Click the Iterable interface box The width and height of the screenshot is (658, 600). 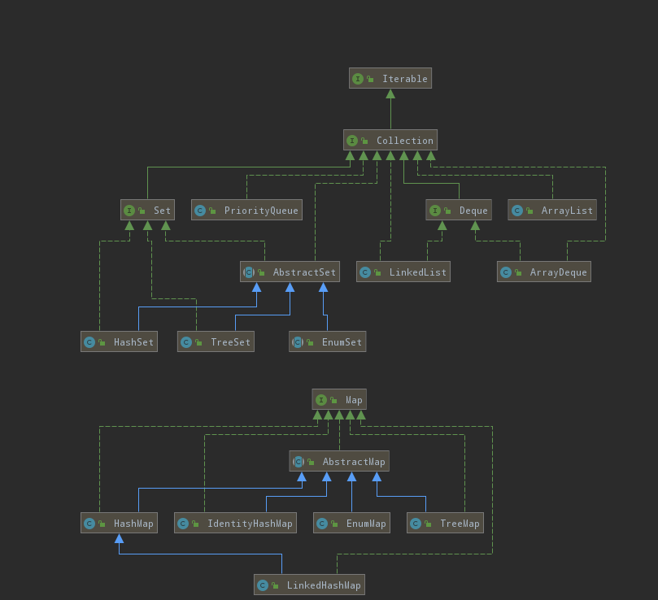[x=390, y=78]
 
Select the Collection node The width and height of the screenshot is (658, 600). [x=390, y=140]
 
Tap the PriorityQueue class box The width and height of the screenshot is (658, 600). [x=246, y=210]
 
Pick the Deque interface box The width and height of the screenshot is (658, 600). [x=459, y=210]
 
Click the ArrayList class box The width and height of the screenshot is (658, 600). [x=552, y=210]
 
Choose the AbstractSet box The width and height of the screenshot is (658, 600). [x=290, y=272]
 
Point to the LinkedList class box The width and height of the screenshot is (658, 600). [x=403, y=272]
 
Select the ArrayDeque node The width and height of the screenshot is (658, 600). [x=544, y=272]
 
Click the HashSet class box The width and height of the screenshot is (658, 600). [x=119, y=341]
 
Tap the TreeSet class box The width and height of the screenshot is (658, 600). [x=216, y=341]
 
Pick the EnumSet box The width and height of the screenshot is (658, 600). [x=327, y=341]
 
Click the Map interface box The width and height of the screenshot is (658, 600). [x=339, y=399]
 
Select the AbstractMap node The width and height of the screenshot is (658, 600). [x=339, y=461]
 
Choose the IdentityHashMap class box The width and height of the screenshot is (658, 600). [x=235, y=523]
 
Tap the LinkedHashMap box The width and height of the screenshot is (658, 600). [x=309, y=585]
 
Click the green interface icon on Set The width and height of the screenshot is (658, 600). [x=129, y=211]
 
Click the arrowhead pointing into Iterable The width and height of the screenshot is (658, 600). [x=390, y=93]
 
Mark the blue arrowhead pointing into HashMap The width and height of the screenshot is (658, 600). [x=119, y=538]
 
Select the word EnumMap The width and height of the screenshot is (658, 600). [x=366, y=524]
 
